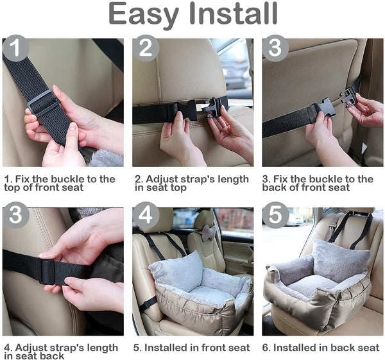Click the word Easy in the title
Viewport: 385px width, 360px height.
pyautogui.click(x=144, y=14)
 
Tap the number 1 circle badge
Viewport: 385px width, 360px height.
pyautogui.click(x=15, y=48)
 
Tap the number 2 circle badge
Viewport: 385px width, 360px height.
pyautogui.click(x=146, y=48)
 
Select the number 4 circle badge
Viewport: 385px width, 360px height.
pyautogui.click(x=146, y=215)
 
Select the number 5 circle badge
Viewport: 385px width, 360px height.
pyautogui.click(x=275, y=215)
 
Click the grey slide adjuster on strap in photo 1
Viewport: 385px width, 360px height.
pyautogui.click(x=44, y=102)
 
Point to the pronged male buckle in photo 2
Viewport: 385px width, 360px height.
pyautogui.click(x=212, y=107)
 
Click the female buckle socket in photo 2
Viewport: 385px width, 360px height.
pyautogui.click(x=187, y=110)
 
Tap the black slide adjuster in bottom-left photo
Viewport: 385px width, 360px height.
pyautogui.click(x=47, y=271)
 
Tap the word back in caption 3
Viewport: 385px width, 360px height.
pyautogui.click(x=272, y=187)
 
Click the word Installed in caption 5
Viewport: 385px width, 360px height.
pyautogui.click(x=166, y=348)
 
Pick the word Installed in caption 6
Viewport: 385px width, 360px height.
pyautogui.click(x=295, y=348)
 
